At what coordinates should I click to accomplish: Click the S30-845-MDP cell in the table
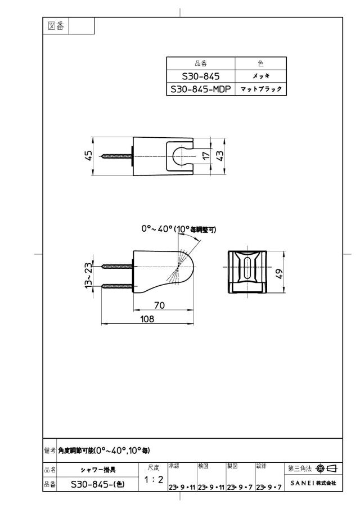[x=201, y=89]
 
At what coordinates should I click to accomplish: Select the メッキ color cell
[x=260, y=76]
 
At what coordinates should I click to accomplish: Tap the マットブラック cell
[x=260, y=89]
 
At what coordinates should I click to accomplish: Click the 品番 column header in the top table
[x=201, y=64]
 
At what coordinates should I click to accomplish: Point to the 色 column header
[x=260, y=64]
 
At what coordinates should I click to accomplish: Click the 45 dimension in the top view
[x=88, y=155]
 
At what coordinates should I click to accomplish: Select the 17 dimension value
[x=206, y=155]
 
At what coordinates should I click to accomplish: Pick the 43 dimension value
[x=220, y=155]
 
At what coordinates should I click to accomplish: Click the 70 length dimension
[x=159, y=305]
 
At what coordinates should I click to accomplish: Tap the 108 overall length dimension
[x=147, y=319]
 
